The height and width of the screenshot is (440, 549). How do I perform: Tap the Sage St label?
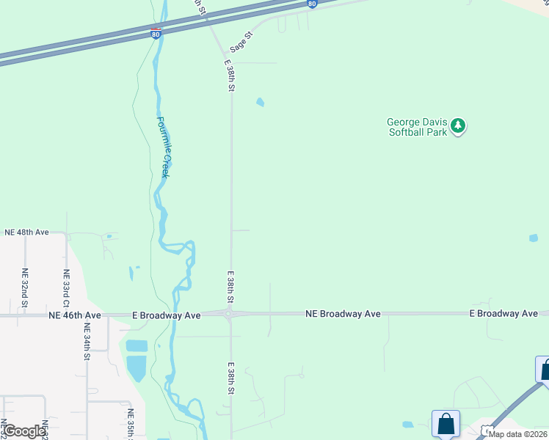point(241,42)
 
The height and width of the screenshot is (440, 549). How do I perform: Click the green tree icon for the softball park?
point(459,126)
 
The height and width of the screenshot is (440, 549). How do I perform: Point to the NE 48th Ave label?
point(26,232)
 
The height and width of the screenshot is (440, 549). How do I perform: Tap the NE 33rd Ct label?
point(66,287)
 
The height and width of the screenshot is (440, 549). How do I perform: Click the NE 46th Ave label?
point(75,315)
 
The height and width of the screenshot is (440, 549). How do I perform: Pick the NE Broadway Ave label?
point(343,314)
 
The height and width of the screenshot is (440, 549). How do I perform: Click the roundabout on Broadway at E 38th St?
point(229,315)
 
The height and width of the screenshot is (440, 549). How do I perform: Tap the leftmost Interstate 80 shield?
point(155,34)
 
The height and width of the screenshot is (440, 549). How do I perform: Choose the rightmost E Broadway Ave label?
point(503,314)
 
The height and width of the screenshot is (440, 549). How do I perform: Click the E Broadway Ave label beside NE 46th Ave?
point(167,315)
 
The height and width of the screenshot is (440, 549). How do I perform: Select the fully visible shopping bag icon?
point(446,424)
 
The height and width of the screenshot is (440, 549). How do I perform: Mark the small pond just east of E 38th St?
point(260,103)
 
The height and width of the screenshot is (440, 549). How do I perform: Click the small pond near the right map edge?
point(534,238)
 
